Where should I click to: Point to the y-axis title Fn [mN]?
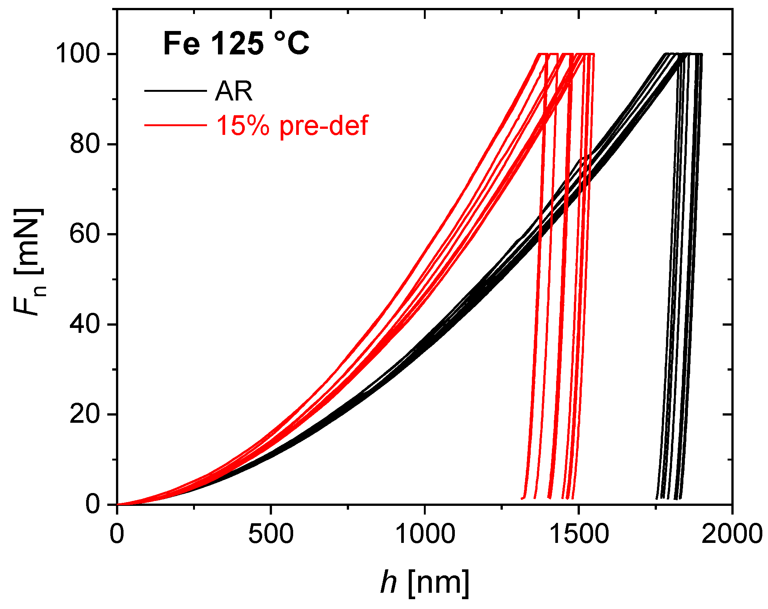coord(29,261)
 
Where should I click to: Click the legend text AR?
coord(233,91)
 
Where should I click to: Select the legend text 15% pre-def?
coord(292,125)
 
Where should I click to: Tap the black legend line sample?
coord(175,91)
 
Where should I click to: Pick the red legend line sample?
coord(175,125)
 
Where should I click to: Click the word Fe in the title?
coord(181,43)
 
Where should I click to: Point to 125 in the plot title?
coord(236,43)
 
